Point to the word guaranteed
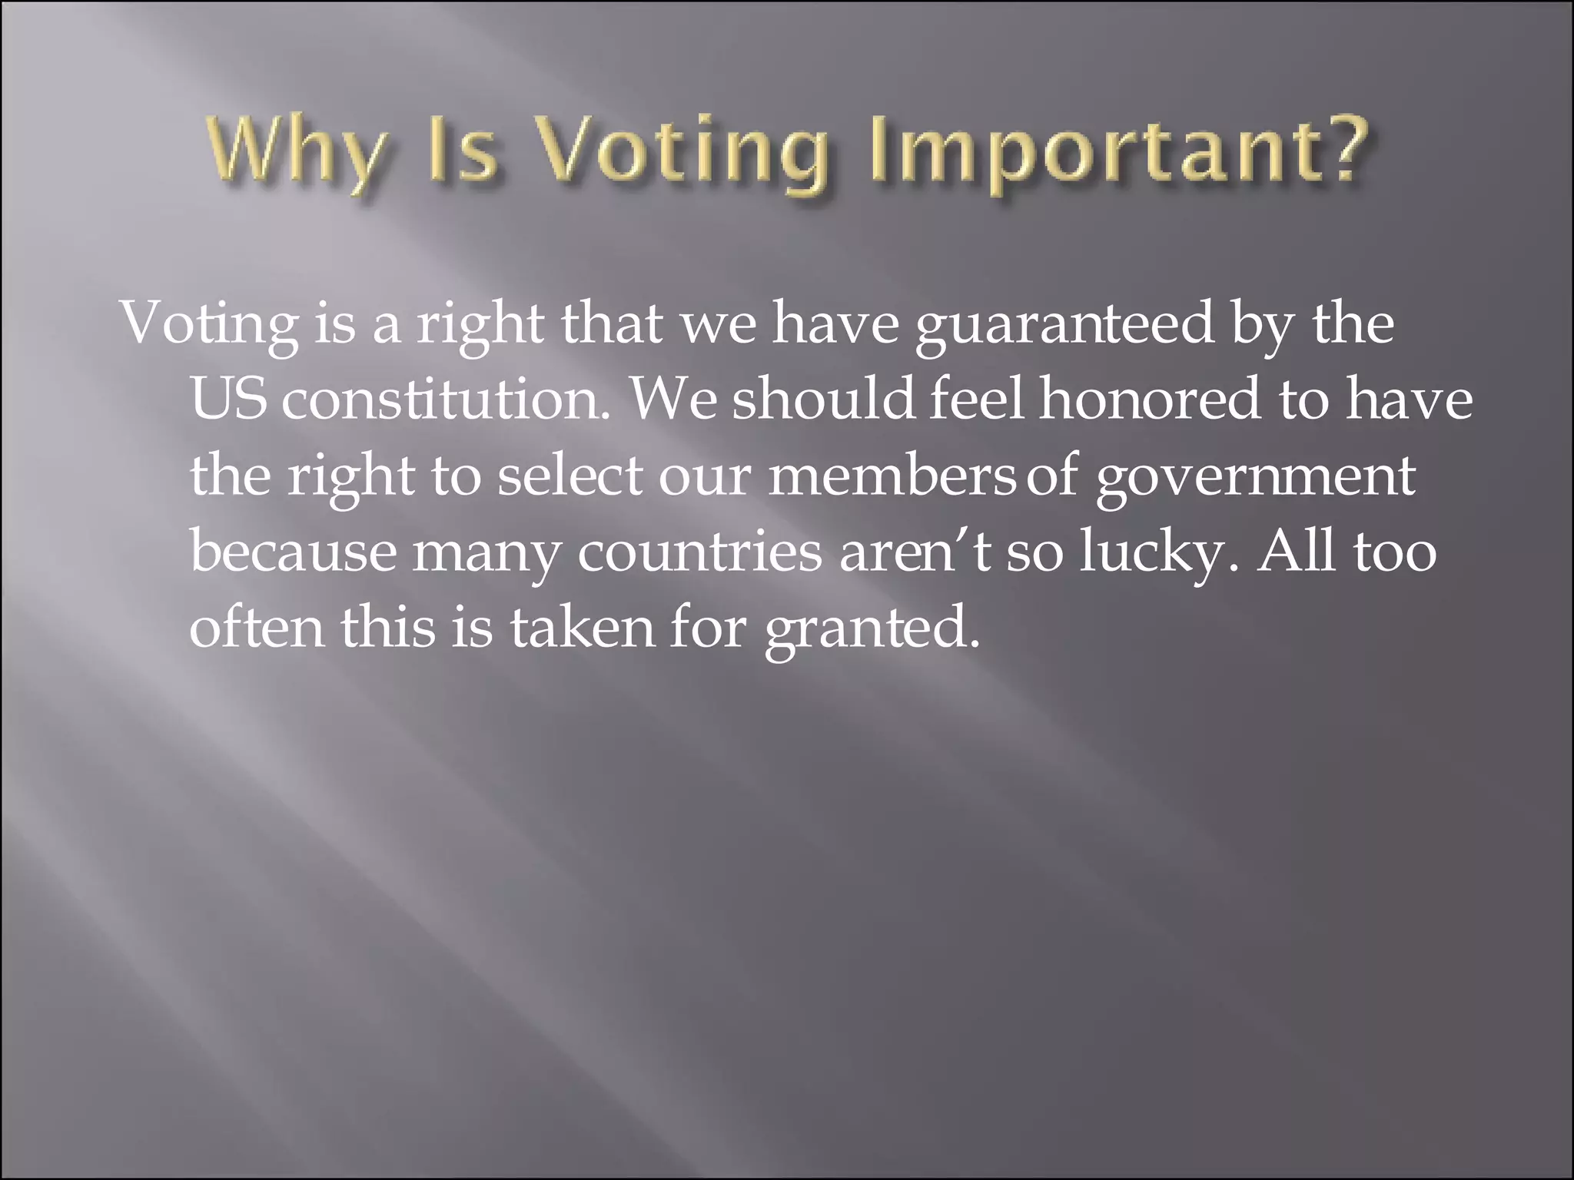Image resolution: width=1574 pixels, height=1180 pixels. (x=1064, y=325)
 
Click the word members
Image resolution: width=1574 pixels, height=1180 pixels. (x=892, y=476)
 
